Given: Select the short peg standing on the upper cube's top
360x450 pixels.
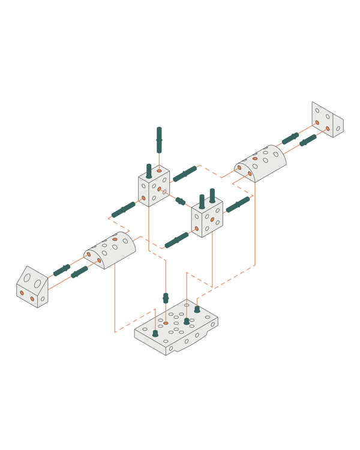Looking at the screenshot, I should point(149,170).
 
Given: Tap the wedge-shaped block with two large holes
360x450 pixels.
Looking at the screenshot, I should point(32,287).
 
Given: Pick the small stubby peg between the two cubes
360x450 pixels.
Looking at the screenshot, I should point(181,201).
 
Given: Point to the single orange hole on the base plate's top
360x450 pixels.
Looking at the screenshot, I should point(166,323).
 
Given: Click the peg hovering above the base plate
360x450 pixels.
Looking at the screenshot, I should point(166,298).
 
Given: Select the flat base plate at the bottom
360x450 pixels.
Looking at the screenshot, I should point(175,328).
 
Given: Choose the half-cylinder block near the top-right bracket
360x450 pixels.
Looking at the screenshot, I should point(260,163).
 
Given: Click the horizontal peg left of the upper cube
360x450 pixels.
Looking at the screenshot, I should point(124,209).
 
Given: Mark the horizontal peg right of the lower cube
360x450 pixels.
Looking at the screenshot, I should point(238,204).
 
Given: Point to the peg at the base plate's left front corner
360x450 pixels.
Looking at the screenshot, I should point(155,332).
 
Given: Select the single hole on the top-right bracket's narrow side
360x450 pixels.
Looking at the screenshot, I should point(338,128).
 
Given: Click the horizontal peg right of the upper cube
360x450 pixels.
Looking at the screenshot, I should point(185,174).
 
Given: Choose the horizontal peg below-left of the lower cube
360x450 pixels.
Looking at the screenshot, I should point(176,240).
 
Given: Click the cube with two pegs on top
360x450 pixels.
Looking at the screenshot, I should point(207,218).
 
